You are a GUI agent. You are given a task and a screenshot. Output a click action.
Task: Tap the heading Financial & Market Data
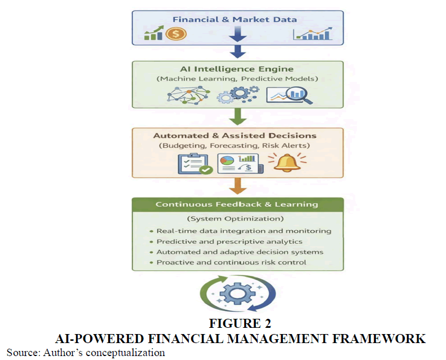[x=234, y=19]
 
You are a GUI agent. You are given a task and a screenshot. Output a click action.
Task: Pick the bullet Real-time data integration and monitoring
[x=244, y=231]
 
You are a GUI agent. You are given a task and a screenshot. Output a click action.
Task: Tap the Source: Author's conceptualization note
[x=86, y=353]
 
